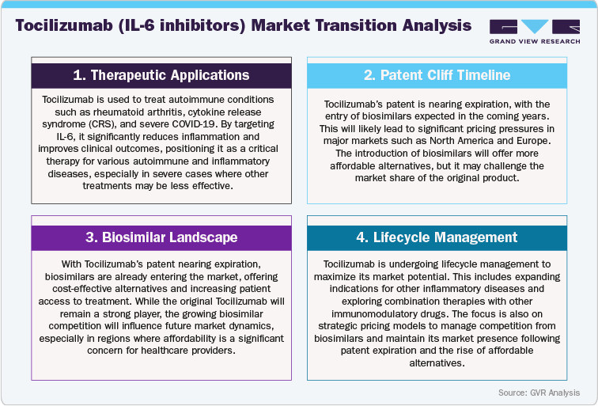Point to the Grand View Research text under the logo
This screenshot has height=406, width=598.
(x=534, y=41)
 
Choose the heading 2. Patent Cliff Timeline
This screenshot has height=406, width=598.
(x=437, y=75)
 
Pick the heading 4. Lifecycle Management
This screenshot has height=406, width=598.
(x=437, y=237)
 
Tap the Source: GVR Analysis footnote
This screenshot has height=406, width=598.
(x=538, y=393)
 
